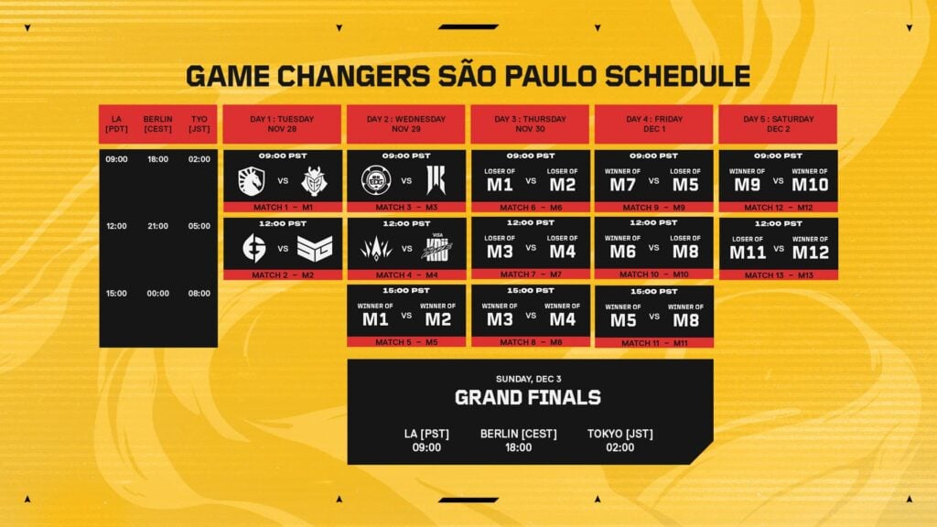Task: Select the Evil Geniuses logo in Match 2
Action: (x=251, y=248)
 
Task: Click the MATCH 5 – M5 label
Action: (x=406, y=342)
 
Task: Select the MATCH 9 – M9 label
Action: (x=653, y=208)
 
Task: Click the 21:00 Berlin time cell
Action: (x=157, y=226)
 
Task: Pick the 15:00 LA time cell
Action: (x=117, y=294)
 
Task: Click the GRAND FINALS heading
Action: (x=528, y=397)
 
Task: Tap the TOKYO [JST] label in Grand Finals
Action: (x=620, y=434)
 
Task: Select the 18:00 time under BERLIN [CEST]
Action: (x=518, y=447)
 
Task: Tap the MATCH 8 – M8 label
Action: (x=530, y=342)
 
